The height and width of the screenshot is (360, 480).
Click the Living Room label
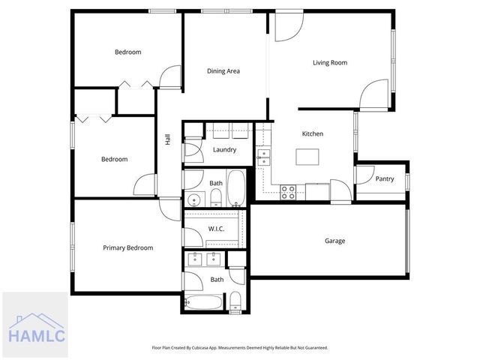[330, 63]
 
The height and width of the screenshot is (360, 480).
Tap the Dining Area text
[223, 71]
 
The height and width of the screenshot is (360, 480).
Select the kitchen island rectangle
[307, 157]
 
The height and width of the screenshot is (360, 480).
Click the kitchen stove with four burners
[288, 192]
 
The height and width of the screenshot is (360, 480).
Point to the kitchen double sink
[263, 156]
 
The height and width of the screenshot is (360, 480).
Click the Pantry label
[385, 179]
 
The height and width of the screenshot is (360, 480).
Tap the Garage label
[334, 241]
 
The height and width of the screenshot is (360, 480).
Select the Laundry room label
[224, 150]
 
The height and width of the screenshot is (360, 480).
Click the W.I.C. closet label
[216, 229]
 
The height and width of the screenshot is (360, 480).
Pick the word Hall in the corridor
[168, 140]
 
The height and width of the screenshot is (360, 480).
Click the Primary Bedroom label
[127, 248]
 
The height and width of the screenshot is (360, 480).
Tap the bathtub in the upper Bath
[236, 188]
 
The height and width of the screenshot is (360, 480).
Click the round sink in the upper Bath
[195, 199]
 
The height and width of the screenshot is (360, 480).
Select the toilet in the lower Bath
[235, 302]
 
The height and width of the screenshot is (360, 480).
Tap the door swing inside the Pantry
[364, 175]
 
